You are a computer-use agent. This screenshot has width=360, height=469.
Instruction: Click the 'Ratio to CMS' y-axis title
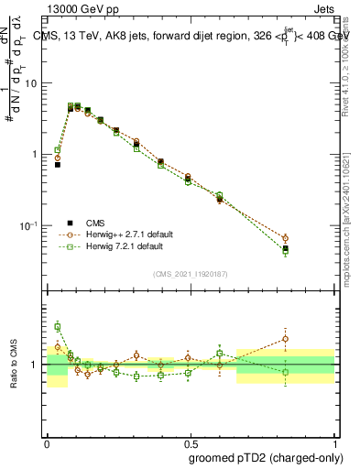(x=13, y=364)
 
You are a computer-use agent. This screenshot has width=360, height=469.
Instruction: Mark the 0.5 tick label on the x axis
(x=191, y=442)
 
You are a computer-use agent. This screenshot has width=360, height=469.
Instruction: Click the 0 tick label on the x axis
(x=47, y=442)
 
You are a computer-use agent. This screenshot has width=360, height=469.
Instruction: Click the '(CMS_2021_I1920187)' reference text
(x=190, y=274)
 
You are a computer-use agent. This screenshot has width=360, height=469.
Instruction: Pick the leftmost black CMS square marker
(x=57, y=165)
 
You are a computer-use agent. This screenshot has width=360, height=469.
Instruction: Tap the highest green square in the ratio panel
(x=57, y=326)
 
